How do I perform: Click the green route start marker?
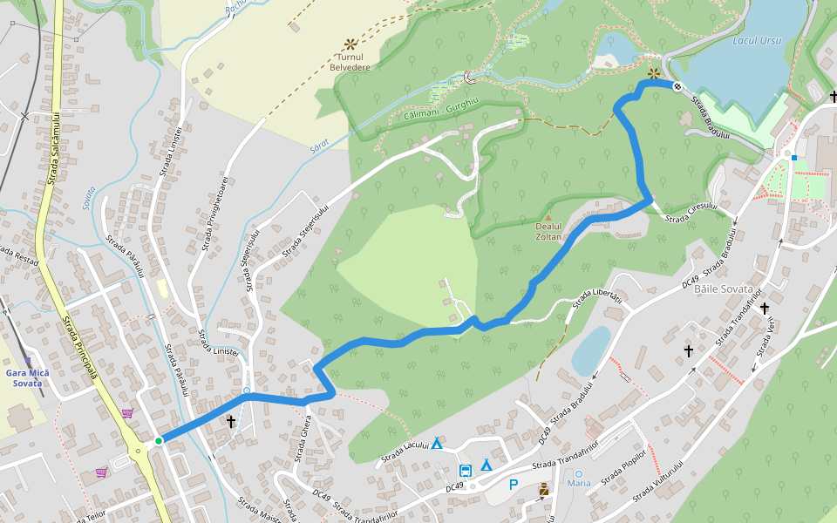(x=159, y=441)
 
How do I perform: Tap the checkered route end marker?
(x=677, y=85)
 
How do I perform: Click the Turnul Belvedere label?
(x=350, y=62)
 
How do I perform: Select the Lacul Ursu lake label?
(x=757, y=40)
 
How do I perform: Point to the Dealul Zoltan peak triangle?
(x=548, y=218)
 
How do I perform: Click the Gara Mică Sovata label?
(x=27, y=378)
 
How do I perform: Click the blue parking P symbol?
(x=514, y=485)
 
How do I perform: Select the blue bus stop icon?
(x=466, y=471)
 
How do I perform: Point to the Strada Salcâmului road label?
(x=54, y=147)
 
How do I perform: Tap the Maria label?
(x=579, y=483)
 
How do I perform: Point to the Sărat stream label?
(x=320, y=144)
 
